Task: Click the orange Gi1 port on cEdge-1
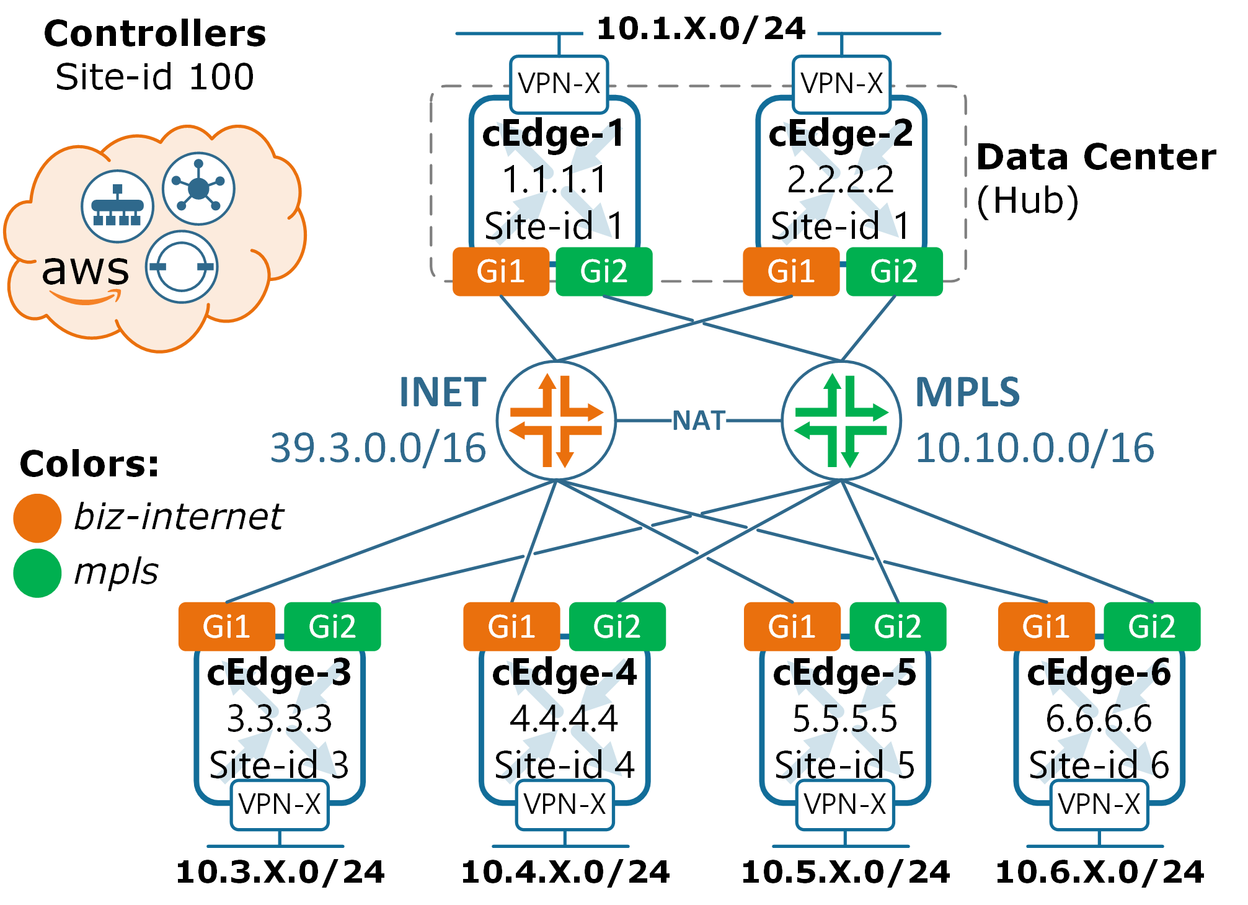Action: point(501,272)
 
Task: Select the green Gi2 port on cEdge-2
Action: point(894,272)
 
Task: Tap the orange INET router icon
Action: point(556,421)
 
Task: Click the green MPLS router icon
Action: point(841,421)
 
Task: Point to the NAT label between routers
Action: point(699,421)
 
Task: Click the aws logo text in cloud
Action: point(86,270)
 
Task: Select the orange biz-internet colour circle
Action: point(37,518)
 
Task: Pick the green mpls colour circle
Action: point(37,573)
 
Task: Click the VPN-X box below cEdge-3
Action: point(280,805)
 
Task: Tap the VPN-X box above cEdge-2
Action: point(841,84)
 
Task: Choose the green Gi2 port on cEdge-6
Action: point(1152,626)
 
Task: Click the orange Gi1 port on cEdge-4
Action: point(511,626)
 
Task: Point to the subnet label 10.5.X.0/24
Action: point(846,872)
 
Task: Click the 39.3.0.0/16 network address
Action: point(378,448)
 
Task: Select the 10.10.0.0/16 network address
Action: point(1035,448)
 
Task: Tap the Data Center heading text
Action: point(1095,157)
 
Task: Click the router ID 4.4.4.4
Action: point(564,719)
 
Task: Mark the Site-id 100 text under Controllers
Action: point(155,78)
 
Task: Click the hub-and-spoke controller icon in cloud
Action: point(198,189)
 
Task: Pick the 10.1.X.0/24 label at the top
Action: point(701,29)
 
